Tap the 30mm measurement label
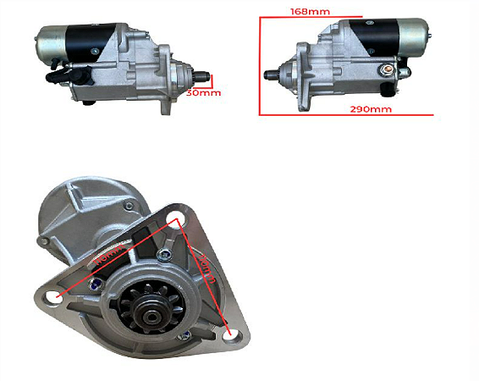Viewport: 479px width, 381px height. point(205,92)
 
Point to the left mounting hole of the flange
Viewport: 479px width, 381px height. point(55,297)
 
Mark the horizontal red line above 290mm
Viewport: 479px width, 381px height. point(347,113)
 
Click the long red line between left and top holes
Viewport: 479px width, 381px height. point(114,257)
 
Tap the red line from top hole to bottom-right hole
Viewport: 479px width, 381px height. point(204,275)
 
